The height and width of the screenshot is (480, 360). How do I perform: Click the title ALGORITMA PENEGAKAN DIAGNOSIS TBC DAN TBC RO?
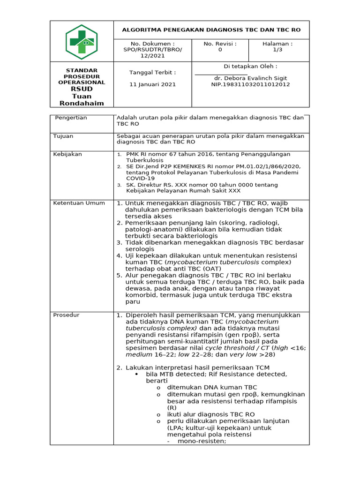[211, 30]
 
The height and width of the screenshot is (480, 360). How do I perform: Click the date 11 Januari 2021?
[152, 84]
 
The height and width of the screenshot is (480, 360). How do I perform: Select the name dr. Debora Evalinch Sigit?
[250, 78]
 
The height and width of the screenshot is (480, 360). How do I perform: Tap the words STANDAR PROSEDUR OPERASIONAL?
[82, 76]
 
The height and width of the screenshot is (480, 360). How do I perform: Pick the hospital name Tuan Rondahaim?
[82, 99]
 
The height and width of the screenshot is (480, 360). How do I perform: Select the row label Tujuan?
[63, 136]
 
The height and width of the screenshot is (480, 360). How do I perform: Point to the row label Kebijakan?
[67, 154]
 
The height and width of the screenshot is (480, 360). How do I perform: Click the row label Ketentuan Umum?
[79, 203]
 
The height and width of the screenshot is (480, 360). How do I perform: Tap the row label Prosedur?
[66, 315]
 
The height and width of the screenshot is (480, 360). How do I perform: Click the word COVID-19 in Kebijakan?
[140, 178]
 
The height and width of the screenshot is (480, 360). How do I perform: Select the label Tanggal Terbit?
[152, 72]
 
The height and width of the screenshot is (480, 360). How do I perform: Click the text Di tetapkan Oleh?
[250, 66]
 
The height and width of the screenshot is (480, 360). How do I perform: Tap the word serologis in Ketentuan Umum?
[141, 249]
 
